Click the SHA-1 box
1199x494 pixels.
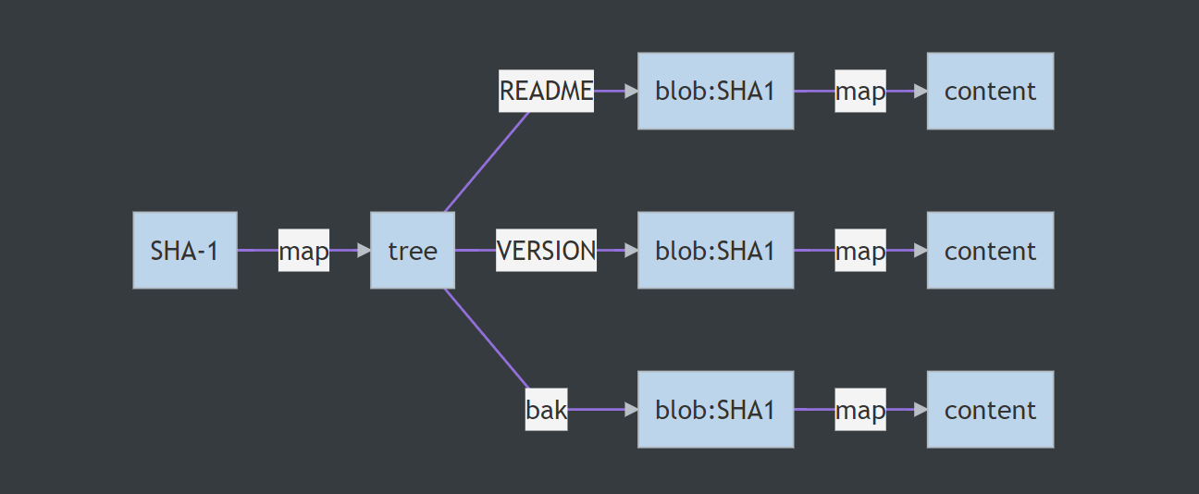(x=185, y=250)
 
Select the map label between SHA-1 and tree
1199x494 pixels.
(x=303, y=251)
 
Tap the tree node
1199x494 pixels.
(x=413, y=250)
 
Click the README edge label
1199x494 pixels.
(x=546, y=91)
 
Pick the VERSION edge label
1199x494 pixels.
(x=546, y=250)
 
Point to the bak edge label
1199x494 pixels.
(x=546, y=409)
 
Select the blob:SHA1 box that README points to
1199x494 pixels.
(x=715, y=91)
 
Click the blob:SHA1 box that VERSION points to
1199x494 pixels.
(x=715, y=250)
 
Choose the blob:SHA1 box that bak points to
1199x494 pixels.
(x=715, y=409)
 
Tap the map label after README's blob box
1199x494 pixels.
(x=860, y=91)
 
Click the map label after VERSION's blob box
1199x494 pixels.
(x=860, y=250)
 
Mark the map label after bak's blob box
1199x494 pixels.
(x=860, y=409)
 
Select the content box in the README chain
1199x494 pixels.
(x=990, y=91)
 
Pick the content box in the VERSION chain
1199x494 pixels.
(x=990, y=250)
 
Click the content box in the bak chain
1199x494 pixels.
(x=990, y=409)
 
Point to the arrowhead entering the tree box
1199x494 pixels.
(x=364, y=250)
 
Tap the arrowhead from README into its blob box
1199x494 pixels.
(x=631, y=91)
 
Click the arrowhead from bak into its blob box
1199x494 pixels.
(x=631, y=409)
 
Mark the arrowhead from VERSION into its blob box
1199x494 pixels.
(x=631, y=250)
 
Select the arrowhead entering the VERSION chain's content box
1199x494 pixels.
(x=920, y=250)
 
